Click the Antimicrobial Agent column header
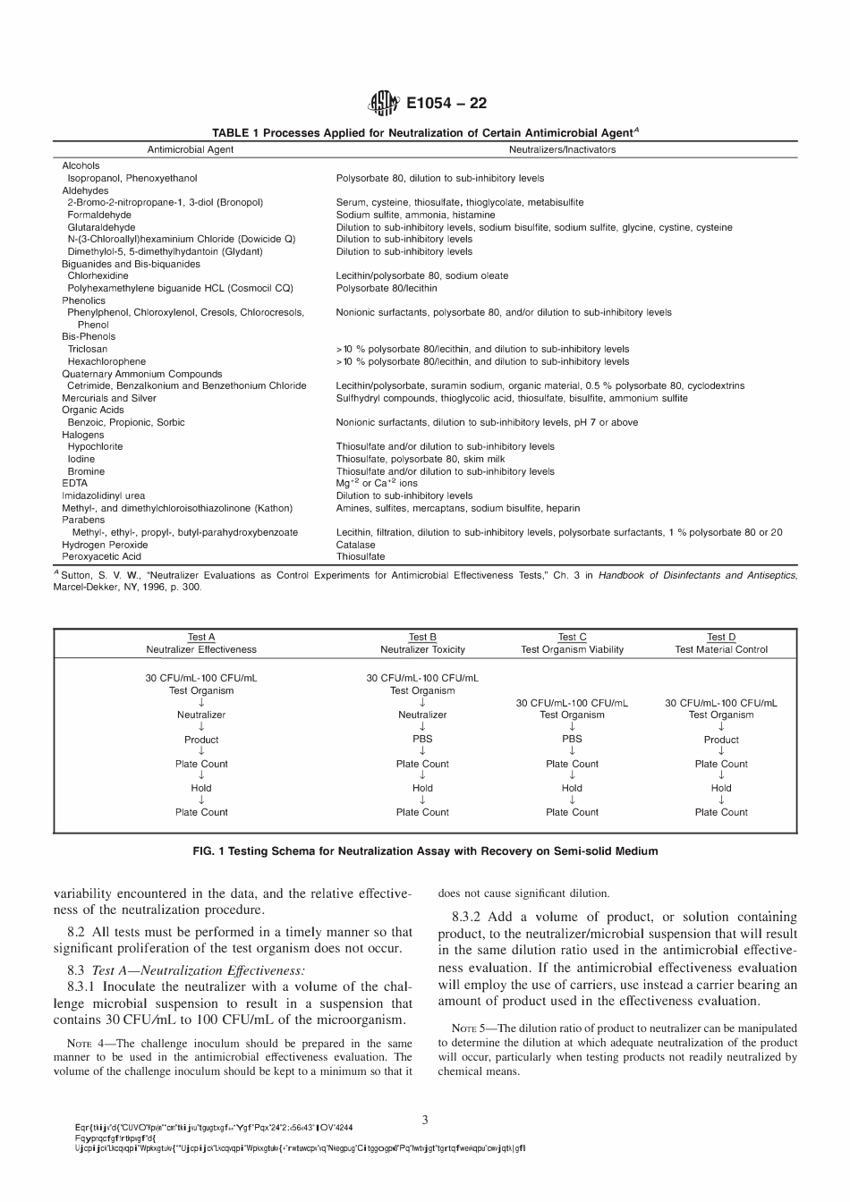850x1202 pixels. [190, 149]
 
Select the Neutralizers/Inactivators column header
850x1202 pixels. [562, 149]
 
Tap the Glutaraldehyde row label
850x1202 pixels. [101, 227]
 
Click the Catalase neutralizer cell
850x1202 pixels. [355, 544]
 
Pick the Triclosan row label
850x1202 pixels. [87, 349]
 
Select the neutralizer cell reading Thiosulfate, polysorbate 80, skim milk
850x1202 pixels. [414, 459]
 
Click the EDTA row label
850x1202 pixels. [74, 483]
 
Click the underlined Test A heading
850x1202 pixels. [201, 637]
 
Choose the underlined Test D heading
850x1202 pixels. [721, 637]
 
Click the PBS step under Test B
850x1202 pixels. [422, 739]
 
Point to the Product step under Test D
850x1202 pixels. [721, 740]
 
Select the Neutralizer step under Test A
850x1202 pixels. [201, 715]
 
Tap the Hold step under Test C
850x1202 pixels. [572, 788]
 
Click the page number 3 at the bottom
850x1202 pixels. [425, 1119]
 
